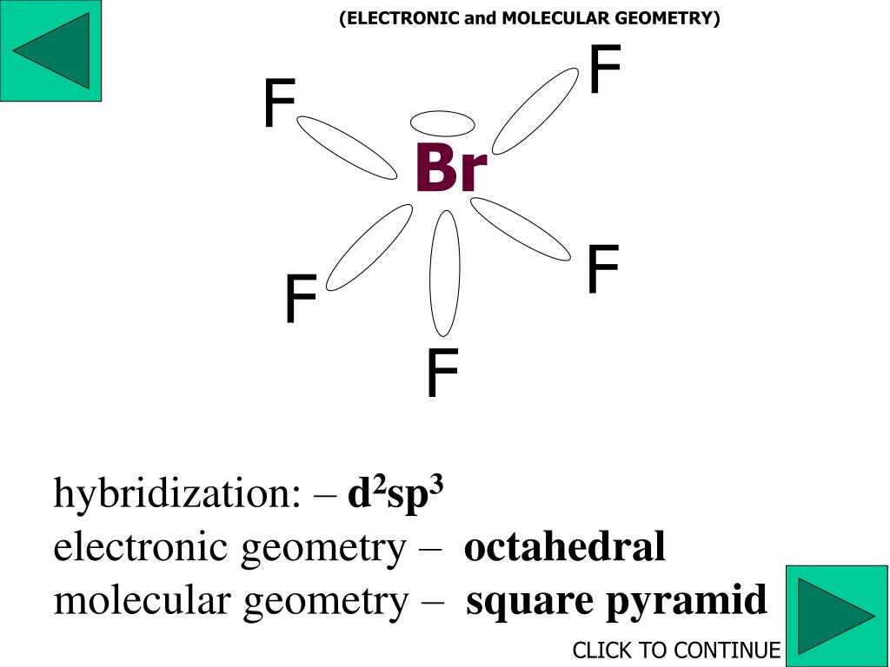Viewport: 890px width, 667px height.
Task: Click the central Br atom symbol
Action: [450, 168]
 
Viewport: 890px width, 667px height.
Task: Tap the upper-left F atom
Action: [280, 103]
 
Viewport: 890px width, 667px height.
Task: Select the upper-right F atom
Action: [605, 70]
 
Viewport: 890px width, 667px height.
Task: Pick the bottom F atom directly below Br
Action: [442, 374]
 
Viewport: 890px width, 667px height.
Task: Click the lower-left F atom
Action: [301, 300]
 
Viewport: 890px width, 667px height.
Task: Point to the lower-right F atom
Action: [602, 269]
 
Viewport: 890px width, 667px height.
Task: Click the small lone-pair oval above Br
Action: [442, 122]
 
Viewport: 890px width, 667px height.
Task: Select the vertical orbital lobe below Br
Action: [444, 272]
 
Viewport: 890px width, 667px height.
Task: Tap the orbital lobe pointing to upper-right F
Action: [535, 110]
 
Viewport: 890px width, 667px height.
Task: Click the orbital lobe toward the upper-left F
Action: [346, 148]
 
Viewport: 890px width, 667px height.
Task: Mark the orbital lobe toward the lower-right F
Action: [521, 228]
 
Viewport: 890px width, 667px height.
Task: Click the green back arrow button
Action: [50, 50]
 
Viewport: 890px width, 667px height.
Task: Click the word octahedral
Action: [565, 547]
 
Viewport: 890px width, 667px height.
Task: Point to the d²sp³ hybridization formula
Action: [395, 494]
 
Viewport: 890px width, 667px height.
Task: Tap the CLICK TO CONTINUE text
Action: [676, 650]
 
